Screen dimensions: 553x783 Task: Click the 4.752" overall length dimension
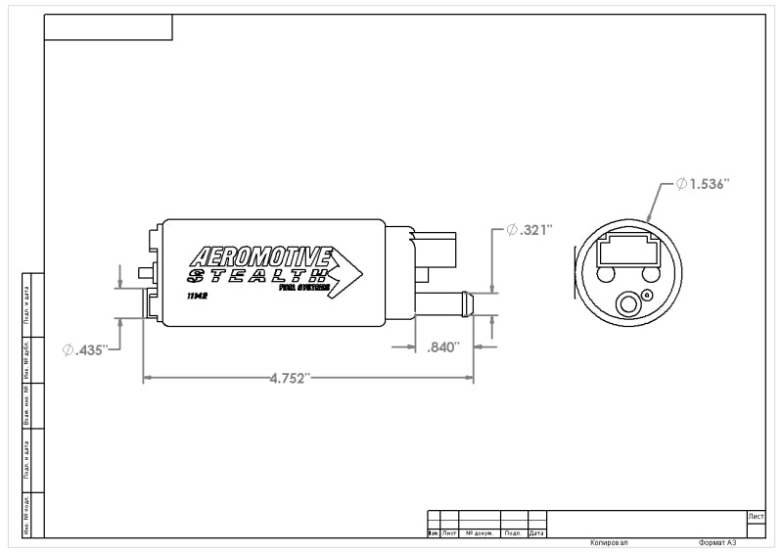click(x=290, y=378)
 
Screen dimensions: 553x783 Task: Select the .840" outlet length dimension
click(x=443, y=346)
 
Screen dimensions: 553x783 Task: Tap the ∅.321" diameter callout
click(x=530, y=230)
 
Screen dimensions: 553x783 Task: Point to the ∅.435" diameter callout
click(x=83, y=349)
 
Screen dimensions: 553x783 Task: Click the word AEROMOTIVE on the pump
click(x=259, y=257)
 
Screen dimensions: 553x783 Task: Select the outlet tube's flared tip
click(x=468, y=303)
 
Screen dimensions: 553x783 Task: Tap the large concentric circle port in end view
click(x=626, y=306)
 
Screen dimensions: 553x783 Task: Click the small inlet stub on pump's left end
click(x=145, y=272)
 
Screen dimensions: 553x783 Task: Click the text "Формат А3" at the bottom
click(x=716, y=541)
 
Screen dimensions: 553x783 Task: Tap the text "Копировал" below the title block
click(x=610, y=541)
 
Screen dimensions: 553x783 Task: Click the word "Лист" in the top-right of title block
click(x=755, y=516)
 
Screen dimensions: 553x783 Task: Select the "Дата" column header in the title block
click(x=536, y=533)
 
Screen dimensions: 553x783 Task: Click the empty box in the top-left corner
click(x=109, y=27)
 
